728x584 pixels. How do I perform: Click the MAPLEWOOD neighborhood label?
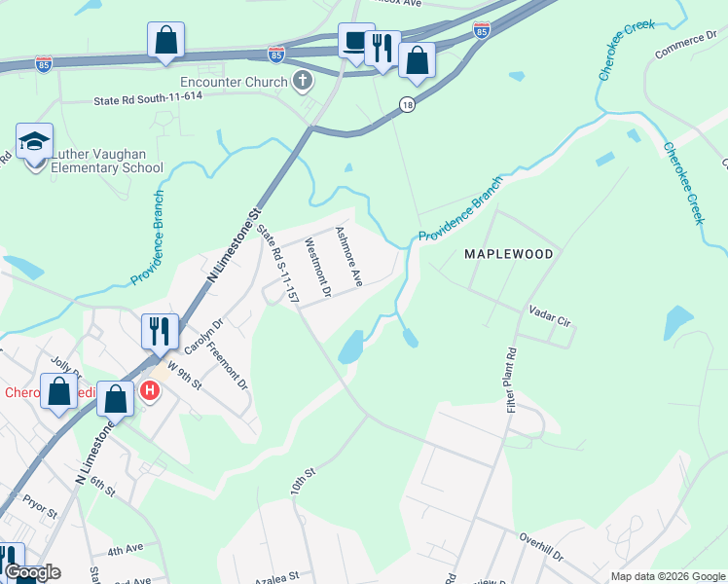508,254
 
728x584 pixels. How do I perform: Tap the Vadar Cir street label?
549,313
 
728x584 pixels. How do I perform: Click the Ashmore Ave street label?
348,256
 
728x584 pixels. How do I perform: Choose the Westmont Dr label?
318,268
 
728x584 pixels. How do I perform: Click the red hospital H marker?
150,391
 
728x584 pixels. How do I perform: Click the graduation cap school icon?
34,142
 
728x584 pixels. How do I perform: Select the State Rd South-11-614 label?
148,99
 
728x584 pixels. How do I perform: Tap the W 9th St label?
184,376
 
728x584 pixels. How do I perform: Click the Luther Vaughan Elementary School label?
107,161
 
